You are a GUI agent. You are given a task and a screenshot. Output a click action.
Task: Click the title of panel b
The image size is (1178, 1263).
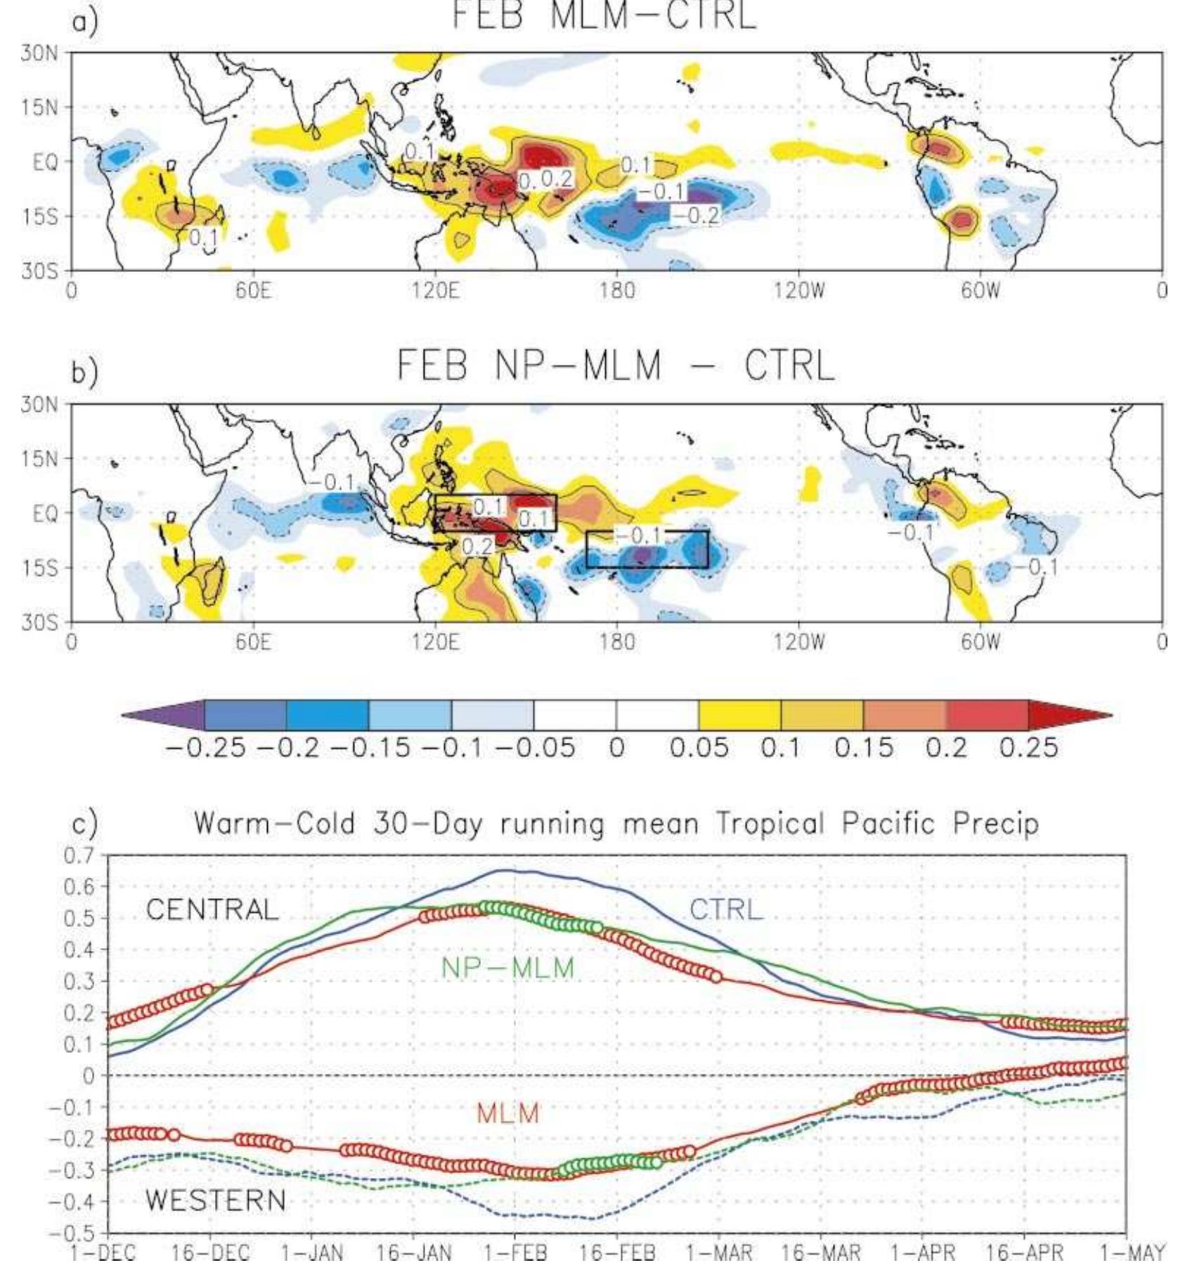coord(616,366)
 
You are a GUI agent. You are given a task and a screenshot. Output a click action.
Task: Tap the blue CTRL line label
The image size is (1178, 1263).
coord(725,909)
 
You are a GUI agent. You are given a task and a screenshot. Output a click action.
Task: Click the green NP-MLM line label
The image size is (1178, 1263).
coord(507,969)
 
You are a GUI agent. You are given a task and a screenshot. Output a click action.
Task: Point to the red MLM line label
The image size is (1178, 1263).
coord(507,1113)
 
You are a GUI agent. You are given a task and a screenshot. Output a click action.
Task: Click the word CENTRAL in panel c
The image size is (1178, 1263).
coord(212,910)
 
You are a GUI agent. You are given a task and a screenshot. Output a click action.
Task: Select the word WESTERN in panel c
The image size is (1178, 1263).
coord(216,1200)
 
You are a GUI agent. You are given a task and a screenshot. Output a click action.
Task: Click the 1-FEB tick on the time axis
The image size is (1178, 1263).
coord(514,1252)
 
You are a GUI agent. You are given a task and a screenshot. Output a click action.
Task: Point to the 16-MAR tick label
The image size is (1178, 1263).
coord(821,1252)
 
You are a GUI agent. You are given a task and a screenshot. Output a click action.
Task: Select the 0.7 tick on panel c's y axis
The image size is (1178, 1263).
coord(79,856)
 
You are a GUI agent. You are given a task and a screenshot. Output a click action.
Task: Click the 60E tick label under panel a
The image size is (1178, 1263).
coord(252,290)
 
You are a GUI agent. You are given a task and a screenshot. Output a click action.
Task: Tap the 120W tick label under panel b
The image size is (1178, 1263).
coord(799,642)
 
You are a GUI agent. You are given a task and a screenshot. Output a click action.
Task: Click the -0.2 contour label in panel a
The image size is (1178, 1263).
coord(694,216)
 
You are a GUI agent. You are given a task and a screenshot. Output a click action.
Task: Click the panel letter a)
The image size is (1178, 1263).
coord(84,22)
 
